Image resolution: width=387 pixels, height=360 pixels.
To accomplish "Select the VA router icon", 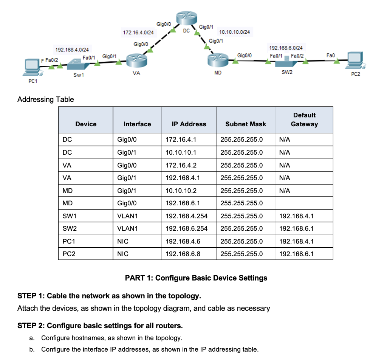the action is (136, 61).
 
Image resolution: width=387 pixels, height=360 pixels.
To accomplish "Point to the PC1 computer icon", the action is (31, 67).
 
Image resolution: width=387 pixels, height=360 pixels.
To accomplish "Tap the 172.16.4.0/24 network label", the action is (138, 33).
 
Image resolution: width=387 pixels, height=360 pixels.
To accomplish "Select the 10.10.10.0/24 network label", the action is (234, 32).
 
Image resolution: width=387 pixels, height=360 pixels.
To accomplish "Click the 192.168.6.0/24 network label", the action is (285, 48).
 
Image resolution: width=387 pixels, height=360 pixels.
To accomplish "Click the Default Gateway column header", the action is (304, 119).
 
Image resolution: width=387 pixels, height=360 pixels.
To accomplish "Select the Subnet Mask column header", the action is (246, 124).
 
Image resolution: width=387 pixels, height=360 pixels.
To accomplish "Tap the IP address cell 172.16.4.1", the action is (181, 140).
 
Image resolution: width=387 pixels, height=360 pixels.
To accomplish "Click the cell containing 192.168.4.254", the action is (186, 216).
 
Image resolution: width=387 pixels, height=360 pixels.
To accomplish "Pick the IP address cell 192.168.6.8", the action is (183, 254).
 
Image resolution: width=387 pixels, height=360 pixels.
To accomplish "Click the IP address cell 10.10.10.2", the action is (181, 191).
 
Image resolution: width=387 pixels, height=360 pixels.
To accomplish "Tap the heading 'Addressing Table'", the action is (46, 99).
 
